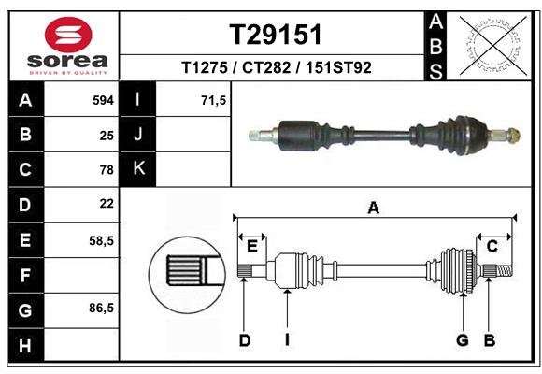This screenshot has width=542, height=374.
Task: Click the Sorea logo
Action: (x=64, y=45)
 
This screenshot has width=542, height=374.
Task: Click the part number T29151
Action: (x=276, y=35)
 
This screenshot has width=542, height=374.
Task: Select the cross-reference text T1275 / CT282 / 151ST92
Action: (x=276, y=67)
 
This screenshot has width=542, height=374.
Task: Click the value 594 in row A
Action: (x=103, y=98)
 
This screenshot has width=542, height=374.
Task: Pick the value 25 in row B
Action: (x=107, y=134)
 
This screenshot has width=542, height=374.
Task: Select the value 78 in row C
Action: (x=107, y=169)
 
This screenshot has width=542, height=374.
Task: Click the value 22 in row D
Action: (x=107, y=203)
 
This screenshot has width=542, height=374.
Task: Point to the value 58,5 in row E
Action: (x=102, y=240)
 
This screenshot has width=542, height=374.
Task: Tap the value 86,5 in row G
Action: (x=102, y=308)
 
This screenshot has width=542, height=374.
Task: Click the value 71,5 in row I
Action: (x=214, y=98)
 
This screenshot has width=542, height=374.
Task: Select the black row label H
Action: (x=25, y=345)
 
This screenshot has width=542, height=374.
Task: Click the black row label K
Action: (x=138, y=168)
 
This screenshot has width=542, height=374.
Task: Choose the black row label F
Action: (x=25, y=275)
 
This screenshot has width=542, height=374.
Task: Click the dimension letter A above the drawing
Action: (x=374, y=209)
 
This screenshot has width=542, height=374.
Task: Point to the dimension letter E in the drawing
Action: (x=251, y=246)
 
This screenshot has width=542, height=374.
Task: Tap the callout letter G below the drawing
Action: (x=462, y=339)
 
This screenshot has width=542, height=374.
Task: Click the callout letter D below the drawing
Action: (x=244, y=339)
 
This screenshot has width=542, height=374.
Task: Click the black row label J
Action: (x=138, y=134)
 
